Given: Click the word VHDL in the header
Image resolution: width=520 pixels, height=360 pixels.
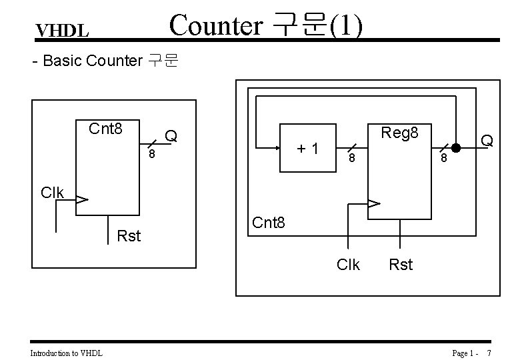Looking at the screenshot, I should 62,31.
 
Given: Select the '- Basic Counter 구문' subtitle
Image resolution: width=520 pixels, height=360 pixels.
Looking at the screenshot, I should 105,61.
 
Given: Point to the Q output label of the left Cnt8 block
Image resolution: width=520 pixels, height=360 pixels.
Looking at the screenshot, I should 171,137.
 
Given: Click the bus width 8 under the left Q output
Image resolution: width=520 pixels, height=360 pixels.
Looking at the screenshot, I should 152,155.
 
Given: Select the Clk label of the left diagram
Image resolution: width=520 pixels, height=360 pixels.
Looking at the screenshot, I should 52,193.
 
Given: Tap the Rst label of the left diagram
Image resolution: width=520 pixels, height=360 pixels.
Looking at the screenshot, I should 129,235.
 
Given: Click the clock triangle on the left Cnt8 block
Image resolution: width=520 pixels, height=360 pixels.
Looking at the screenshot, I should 82,199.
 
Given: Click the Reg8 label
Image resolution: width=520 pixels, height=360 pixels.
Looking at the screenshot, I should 399,133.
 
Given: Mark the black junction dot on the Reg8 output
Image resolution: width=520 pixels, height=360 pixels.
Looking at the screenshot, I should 457,147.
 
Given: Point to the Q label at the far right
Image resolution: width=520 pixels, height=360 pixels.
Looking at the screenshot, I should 487,140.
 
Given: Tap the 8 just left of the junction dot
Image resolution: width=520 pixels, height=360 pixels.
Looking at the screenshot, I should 441,160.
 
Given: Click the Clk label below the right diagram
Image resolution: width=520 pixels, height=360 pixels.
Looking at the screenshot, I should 348,265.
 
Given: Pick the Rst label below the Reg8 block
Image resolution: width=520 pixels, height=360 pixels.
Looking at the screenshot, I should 401,265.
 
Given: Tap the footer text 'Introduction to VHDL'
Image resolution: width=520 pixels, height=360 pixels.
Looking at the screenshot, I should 67,352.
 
